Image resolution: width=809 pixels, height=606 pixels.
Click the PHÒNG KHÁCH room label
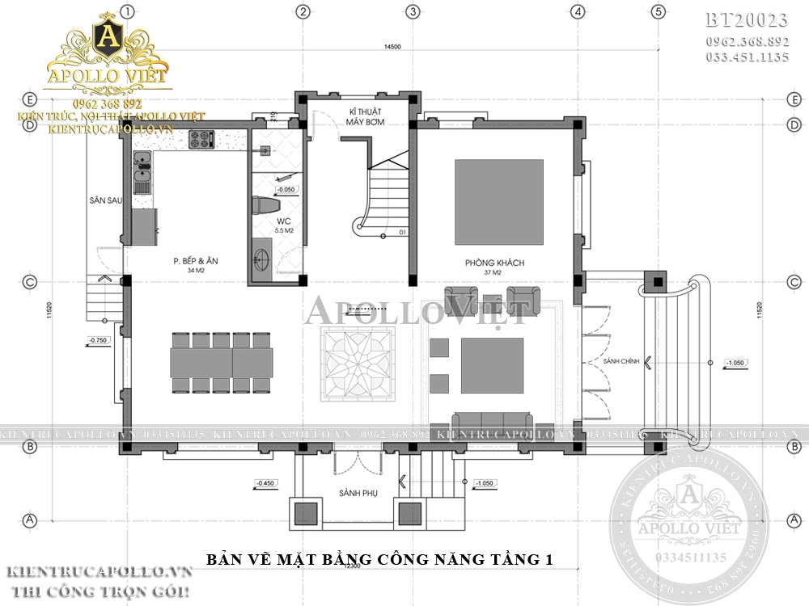pyautogui.click(x=495, y=263)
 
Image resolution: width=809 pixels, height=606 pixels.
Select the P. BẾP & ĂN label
pyautogui.click(x=197, y=261)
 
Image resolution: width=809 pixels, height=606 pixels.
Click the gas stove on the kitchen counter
pyautogui.click(x=200, y=141)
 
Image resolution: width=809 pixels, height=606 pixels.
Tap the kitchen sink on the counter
pyautogui.click(x=142, y=169)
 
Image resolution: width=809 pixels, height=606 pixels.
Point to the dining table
pyautogui.click(x=220, y=363)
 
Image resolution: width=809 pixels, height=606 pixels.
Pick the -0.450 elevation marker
pyautogui.click(x=265, y=483)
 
